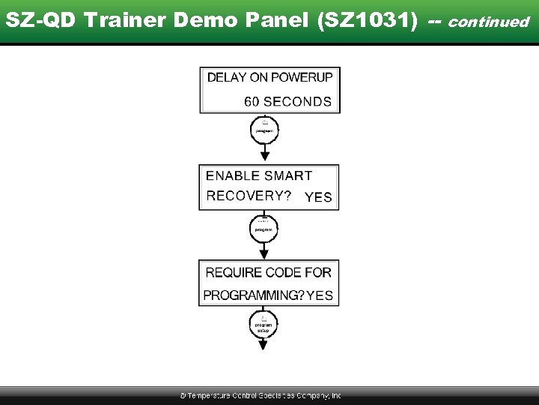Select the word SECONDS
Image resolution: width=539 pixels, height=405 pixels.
[x=297, y=101]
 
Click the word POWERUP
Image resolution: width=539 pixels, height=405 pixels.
[x=302, y=77]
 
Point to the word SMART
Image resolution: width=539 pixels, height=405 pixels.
[x=287, y=175]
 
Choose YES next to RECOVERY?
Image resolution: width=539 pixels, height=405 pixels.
[x=318, y=197]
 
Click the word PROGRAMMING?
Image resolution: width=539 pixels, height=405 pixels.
[x=253, y=295]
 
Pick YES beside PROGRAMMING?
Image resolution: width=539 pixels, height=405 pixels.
[x=320, y=295]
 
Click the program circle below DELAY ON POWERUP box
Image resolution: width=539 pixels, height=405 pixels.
[x=264, y=129]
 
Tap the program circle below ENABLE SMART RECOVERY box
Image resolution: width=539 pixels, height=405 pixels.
[x=264, y=227]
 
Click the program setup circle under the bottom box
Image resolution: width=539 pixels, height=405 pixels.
[x=264, y=325]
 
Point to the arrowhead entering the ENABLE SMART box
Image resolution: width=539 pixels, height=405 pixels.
[x=264, y=156]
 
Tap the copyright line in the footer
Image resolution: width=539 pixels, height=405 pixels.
[x=260, y=395]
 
